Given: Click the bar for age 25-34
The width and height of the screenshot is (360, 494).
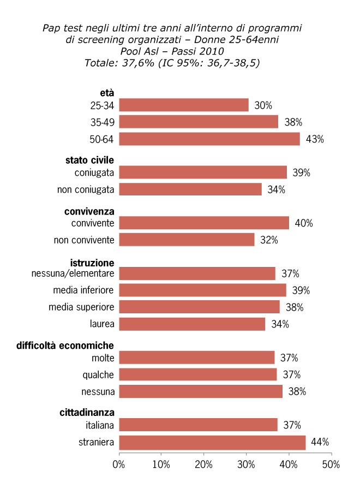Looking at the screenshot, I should pyautogui.click(x=184, y=105).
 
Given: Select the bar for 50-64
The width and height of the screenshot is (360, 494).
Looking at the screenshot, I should pyautogui.click(x=209, y=139).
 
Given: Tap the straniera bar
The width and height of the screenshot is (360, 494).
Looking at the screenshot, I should pyautogui.click(x=212, y=442).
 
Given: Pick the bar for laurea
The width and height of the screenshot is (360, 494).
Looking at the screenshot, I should pyautogui.click(x=192, y=324).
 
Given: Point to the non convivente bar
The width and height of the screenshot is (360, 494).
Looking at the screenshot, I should pyautogui.click(x=187, y=240).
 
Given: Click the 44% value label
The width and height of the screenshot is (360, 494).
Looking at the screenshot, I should pyautogui.click(x=320, y=442).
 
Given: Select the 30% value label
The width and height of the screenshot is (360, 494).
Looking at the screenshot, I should pyautogui.click(x=263, y=105).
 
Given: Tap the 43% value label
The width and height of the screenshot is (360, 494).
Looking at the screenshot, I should pyautogui.click(x=315, y=139).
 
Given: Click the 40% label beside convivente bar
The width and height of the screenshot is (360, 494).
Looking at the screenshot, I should pyautogui.click(x=304, y=223).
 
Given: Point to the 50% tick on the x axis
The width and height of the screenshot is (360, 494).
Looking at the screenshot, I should pyautogui.click(x=331, y=465).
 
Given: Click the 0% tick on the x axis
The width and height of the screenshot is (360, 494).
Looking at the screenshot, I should pyautogui.click(x=119, y=465).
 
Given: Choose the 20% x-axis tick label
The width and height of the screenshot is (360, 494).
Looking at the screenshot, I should pyautogui.click(x=203, y=465).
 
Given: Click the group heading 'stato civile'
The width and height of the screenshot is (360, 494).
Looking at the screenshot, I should pyautogui.click(x=89, y=160).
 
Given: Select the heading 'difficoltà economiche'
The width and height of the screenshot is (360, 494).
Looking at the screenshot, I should pyautogui.click(x=65, y=346).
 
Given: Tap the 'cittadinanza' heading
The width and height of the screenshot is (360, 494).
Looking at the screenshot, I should pyautogui.click(x=87, y=413).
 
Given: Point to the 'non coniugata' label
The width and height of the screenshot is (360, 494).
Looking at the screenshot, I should pyautogui.click(x=86, y=189).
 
